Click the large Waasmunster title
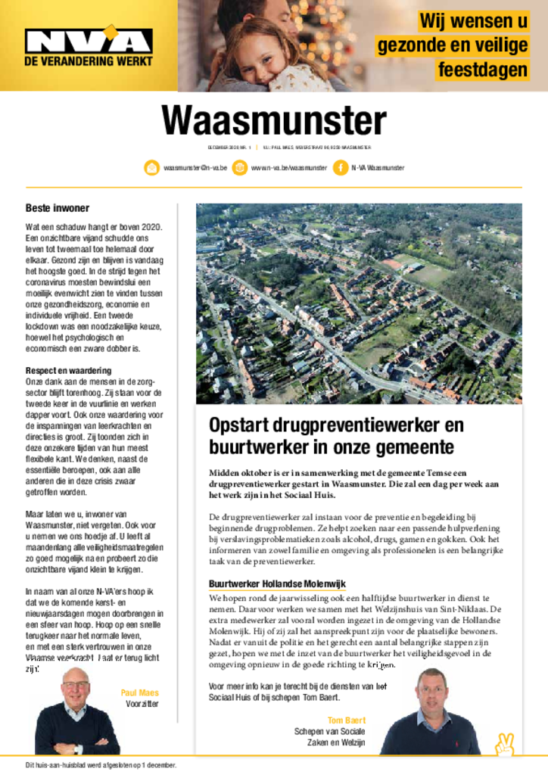point(273,121)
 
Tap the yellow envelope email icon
point(151,168)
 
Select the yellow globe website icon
point(239,168)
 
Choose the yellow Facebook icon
point(341,168)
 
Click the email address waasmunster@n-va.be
point(195,168)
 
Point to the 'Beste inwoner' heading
point(58,208)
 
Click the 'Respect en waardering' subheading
point(68,371)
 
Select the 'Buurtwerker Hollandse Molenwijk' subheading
point(277,584)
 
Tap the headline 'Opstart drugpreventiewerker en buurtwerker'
point(336,436)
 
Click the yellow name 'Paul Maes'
point(139,693)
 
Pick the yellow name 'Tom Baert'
point(346,721)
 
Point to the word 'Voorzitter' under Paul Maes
point(142,704)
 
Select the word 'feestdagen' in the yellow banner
point(481,70)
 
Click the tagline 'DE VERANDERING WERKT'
point(89,61)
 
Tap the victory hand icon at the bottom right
point(504,744)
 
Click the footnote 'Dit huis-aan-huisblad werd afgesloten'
point(101,765)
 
